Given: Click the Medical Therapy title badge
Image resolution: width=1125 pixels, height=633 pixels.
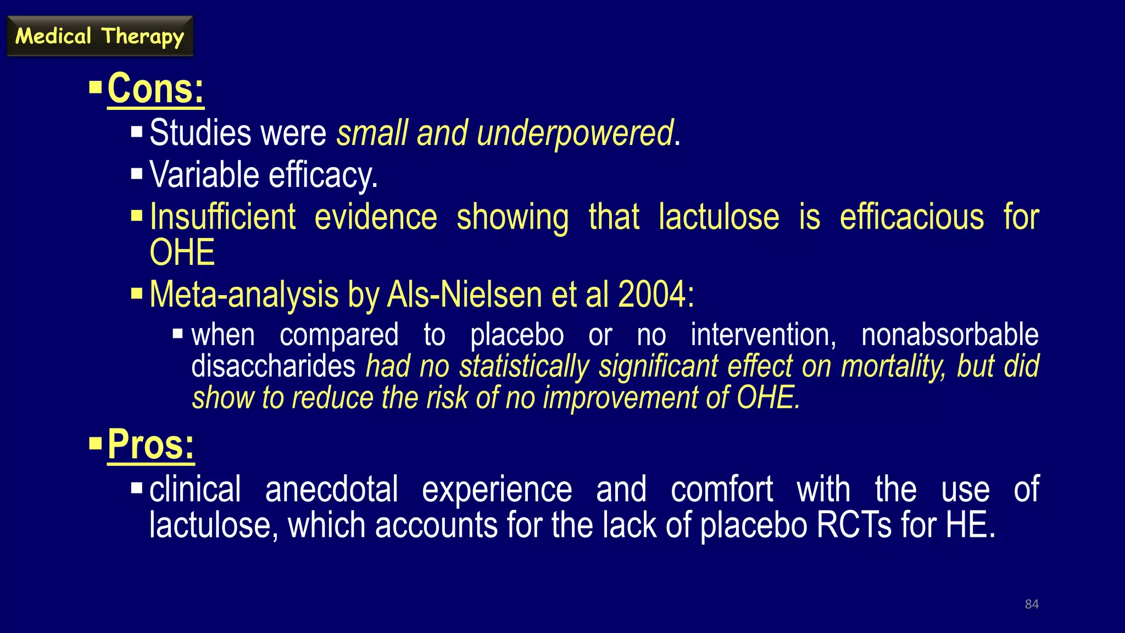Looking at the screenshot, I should pos(100,36).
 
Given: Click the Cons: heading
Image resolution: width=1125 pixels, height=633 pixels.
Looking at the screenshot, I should pos(155,88).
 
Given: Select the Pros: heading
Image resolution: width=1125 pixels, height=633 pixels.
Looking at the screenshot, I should pos(151,445).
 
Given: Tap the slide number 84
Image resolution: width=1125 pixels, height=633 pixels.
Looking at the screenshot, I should pos(1032,604).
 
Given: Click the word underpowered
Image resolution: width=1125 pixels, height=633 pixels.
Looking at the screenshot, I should pos(575,134).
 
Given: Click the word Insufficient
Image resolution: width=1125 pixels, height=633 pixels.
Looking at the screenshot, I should pos(222,217).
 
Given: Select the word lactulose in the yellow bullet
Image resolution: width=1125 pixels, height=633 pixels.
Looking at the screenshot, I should pos(719,217).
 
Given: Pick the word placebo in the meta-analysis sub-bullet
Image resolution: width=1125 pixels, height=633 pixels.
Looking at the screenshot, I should pos(516,335).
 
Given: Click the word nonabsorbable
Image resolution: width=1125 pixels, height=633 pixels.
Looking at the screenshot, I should pos(950,335).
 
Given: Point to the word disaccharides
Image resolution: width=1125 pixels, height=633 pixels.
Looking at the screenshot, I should pos(273,367).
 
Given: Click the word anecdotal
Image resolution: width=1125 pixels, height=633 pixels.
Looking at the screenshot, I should pos(331,490).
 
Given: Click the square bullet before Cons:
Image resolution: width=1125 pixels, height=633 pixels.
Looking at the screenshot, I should pos(96,87).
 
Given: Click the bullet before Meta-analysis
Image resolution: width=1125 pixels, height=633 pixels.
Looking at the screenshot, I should pos(137,293).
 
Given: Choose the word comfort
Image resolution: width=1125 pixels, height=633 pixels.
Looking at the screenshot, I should pos(721,490).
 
